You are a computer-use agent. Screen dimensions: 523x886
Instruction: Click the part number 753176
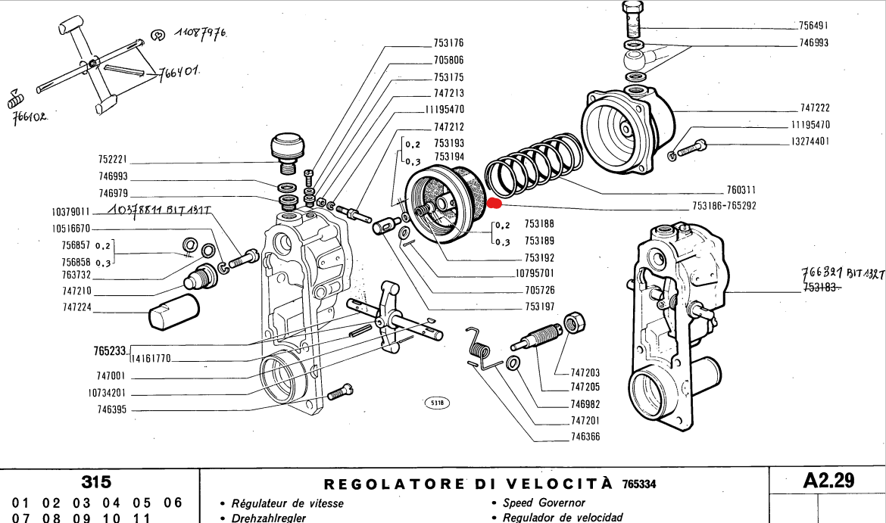click(x=448, y=43)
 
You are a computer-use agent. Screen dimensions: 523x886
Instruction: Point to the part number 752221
click(x=112, y=160)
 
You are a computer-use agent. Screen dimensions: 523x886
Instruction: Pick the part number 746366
click(x=585, y=437)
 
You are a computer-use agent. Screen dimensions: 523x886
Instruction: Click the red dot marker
click(x=494, y=203)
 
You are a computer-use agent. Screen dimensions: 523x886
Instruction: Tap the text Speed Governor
click(x=544, y=503)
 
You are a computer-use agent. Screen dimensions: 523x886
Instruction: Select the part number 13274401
click(x=810, y=142)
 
